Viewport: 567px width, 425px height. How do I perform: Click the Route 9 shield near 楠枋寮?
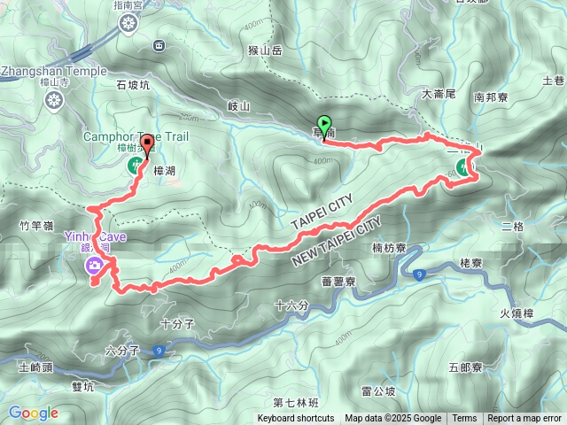[418, 274]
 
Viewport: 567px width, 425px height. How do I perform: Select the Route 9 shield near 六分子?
[159, 351]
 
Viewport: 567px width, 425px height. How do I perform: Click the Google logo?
[33, 413]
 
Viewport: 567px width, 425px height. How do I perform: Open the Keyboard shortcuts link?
[296, 419]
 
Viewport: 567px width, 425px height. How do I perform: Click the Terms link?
[464, 419]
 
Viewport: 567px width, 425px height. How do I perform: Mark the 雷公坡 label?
[379, 390]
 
